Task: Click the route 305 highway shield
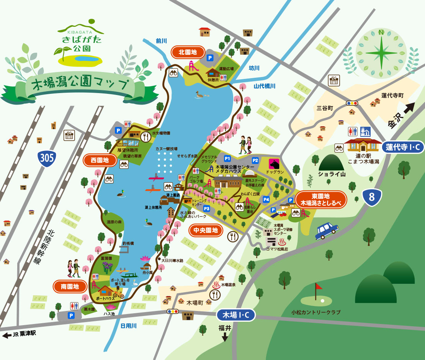pos(47,157)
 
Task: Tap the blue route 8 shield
pos(371,197)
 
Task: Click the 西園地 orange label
pos(100,160)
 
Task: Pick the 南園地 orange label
pos(70,286)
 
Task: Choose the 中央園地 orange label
pos(206,230)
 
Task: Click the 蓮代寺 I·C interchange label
pos(403,147)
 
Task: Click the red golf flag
pos(318,286)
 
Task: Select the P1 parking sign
pos(227,158)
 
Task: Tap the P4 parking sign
pos(266,199)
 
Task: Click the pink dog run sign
pos(274,164)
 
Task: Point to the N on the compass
pos(381,32)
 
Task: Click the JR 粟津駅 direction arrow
pos(7,335)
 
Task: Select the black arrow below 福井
pos(225,337)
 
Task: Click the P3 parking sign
pos(206,208)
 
